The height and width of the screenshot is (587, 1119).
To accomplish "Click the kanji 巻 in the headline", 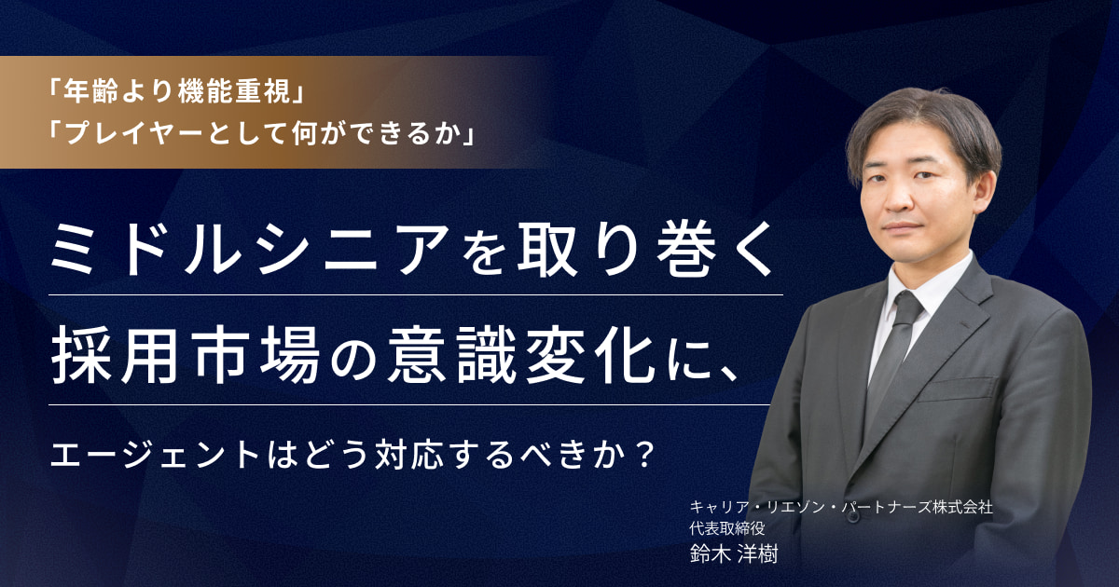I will coord(680,250).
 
